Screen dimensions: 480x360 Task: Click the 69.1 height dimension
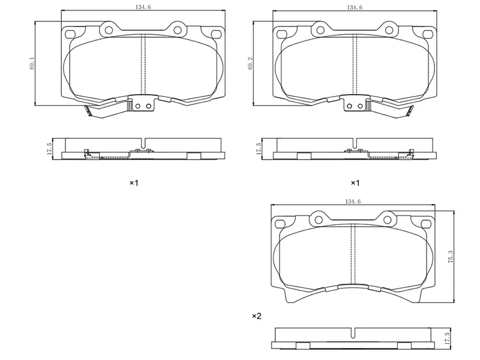[x=32, y=64]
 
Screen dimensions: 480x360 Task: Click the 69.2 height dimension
[x=250, y=64]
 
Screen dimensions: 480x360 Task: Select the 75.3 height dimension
[x=451, y=257]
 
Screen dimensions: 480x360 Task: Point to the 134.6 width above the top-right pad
[x=355, y=7]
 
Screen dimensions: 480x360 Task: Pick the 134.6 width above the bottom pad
[x=353, y=202]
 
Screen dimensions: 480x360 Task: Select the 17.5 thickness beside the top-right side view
[x=259, y=149]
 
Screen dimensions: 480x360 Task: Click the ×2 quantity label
[x=257, y=316]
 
